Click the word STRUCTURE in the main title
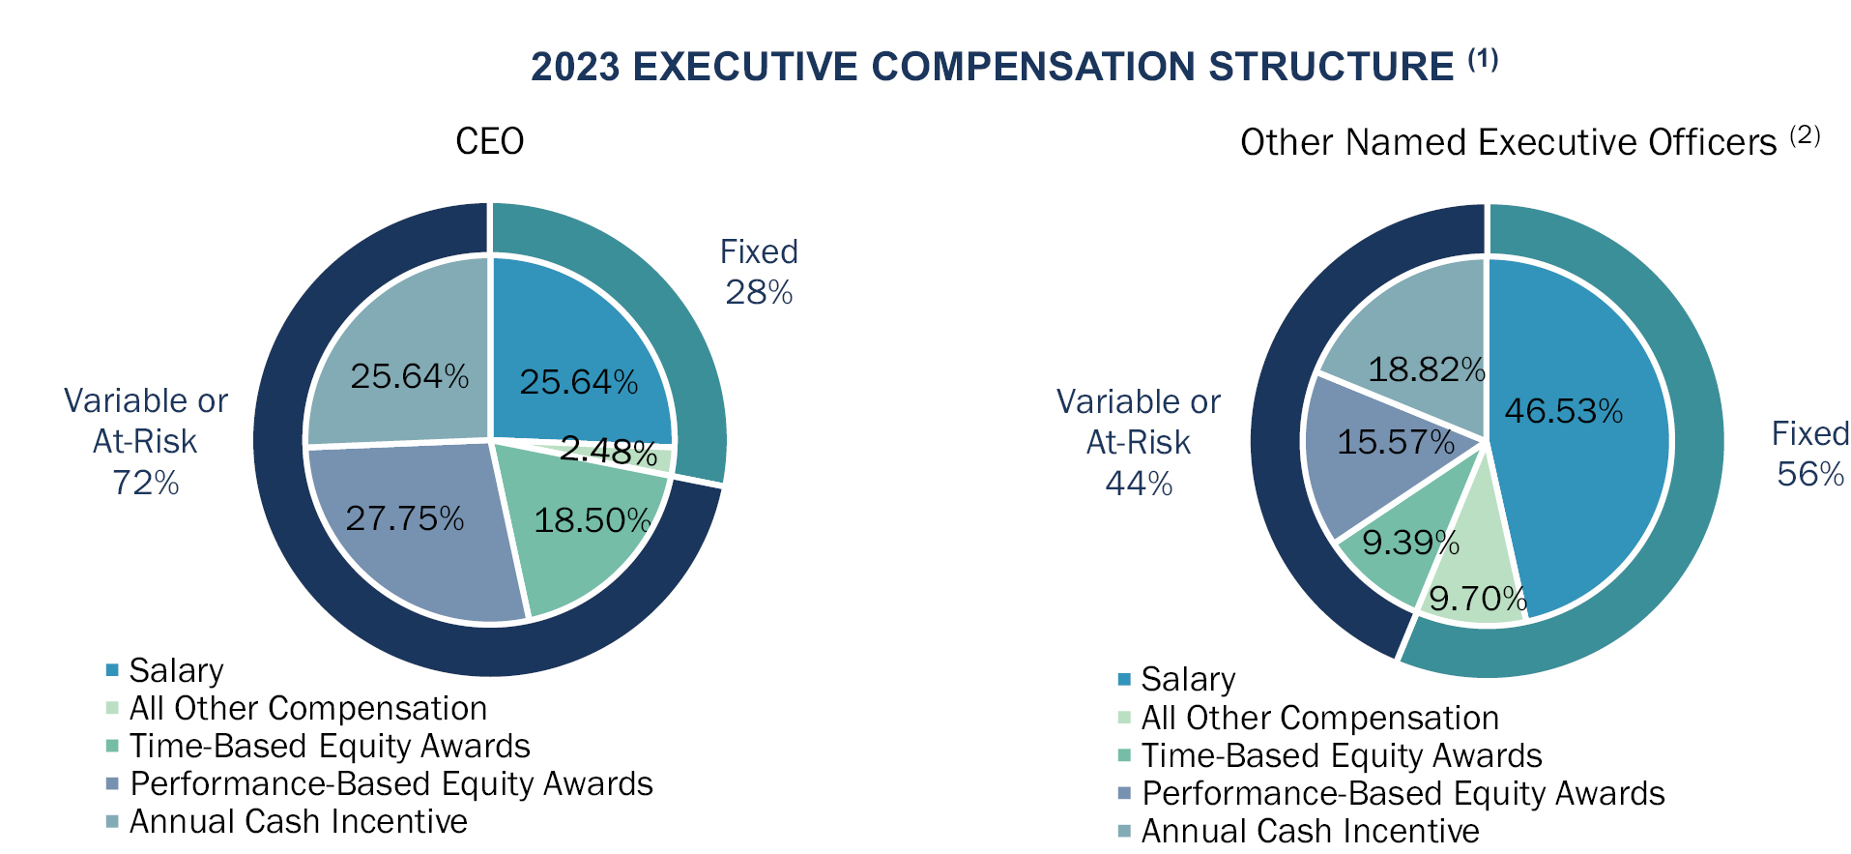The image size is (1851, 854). pyautogui.click(x=1331, y=67)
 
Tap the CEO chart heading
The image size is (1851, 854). pyautogui.click(x=489, y=142)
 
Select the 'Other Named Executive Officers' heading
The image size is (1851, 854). pyautogui.click(x=1508, y=143)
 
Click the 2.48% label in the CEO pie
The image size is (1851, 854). pyautogui.click(x=608, y=451)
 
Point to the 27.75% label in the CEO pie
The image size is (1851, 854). pyautogui.click(x=405, y=519)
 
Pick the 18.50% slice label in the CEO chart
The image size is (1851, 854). pyautogui.click(x=593, y=521)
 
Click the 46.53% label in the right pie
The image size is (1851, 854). pyautogui.click(x=1563, y=411)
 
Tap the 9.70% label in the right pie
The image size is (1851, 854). pyautogui.click(x=1477, y=599)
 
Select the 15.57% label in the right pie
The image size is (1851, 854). pyautogui.click(x=1395, y=443)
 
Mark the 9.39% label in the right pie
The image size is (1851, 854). pyautogui.click(x=1410, y=543)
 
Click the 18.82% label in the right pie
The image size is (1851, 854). pyautogui.click(x=1426, y=369)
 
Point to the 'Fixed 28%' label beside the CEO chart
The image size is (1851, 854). pyautogui.click(x=759, y=272)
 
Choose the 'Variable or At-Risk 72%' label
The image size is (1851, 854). pyautogui.click(x=145, y=441)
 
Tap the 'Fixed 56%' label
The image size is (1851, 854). pyautogui.click(x=1809, y=454)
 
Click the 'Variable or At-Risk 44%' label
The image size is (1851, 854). pyautogui.click(x=1138, y=442)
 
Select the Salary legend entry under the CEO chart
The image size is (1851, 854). pyautogui.click(x=176, y=670)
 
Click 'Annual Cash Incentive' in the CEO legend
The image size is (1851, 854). pyautogui.click(x=298, y=821)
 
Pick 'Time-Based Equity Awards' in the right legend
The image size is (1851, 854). pyautogui.click(x=1341, y=755)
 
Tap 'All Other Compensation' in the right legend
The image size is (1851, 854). pyautogui.click(x=1319, y=718)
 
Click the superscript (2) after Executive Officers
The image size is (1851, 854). pyautogui.click(x=1805, y=135)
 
